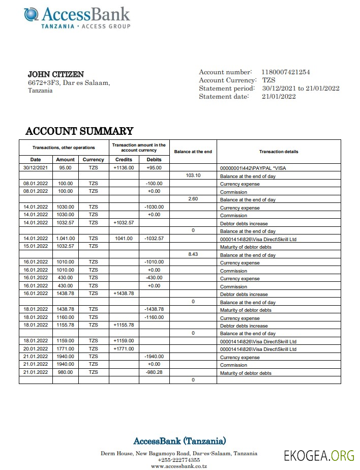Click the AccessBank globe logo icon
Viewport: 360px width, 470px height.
[32, 14]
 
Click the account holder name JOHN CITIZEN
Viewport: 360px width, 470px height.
[55, 74]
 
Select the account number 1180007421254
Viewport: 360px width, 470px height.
[285, 72]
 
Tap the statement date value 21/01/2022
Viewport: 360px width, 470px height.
[279, 96]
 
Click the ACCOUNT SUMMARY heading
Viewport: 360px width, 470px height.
[79, 131]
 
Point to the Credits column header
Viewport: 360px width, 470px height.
[124, 159]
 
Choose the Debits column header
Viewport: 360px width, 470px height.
[154, 159]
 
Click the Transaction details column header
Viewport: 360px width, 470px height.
[278, 152]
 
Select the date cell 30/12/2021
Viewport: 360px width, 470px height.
[36, 167]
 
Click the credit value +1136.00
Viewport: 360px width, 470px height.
[124, 167]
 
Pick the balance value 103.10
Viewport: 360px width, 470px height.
[193, 175]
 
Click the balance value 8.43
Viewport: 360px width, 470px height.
[193, 254]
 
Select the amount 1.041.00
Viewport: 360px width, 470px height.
[66, 238]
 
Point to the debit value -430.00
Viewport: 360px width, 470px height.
[154, 277]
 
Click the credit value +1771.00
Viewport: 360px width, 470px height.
[124, 348]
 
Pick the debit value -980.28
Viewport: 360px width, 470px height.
[154, 372]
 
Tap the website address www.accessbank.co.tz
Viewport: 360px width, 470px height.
[178, 465]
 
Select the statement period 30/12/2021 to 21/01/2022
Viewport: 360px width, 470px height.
[301, 89]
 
